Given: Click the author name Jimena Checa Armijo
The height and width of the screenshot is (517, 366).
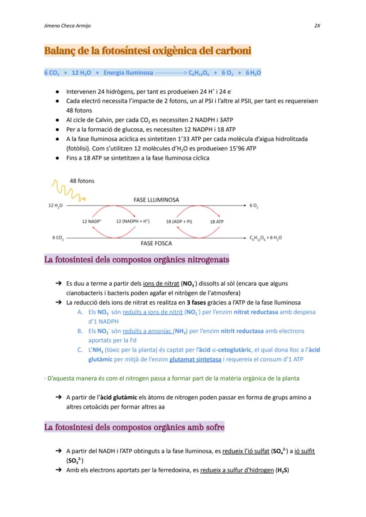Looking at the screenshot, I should (x=67, y=26).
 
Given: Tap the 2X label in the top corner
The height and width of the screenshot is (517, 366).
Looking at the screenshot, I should (x=317, y=26).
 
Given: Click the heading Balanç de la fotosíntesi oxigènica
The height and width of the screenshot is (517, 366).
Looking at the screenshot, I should (x=148, y=51).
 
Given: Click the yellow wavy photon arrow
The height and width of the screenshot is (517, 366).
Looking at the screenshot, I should (x=65, y=190).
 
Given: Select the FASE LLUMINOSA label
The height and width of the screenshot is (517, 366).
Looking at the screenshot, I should (x=156, y=200).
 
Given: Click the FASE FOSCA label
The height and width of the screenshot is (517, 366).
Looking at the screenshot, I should (x=156, y=243).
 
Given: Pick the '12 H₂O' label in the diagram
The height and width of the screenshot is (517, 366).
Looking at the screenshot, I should (x=55, y=206).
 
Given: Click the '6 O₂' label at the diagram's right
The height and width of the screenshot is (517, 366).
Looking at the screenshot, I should (x=254, y=206).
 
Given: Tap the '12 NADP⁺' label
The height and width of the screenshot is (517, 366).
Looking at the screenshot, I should (x=92, y=222).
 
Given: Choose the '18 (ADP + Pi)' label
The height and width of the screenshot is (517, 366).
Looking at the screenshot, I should (x=179, y=222).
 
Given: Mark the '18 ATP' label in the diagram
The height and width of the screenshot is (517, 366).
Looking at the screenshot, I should (x=217, y=222).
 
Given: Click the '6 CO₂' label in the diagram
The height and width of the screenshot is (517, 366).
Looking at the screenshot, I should (x=57, y=238).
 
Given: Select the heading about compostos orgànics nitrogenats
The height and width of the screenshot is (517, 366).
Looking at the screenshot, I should (x=137, y=260).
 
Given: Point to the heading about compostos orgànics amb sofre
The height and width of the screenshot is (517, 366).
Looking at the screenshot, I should (x=134, y=427).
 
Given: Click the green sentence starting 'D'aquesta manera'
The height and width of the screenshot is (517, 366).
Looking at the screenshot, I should (x=172, y=379).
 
